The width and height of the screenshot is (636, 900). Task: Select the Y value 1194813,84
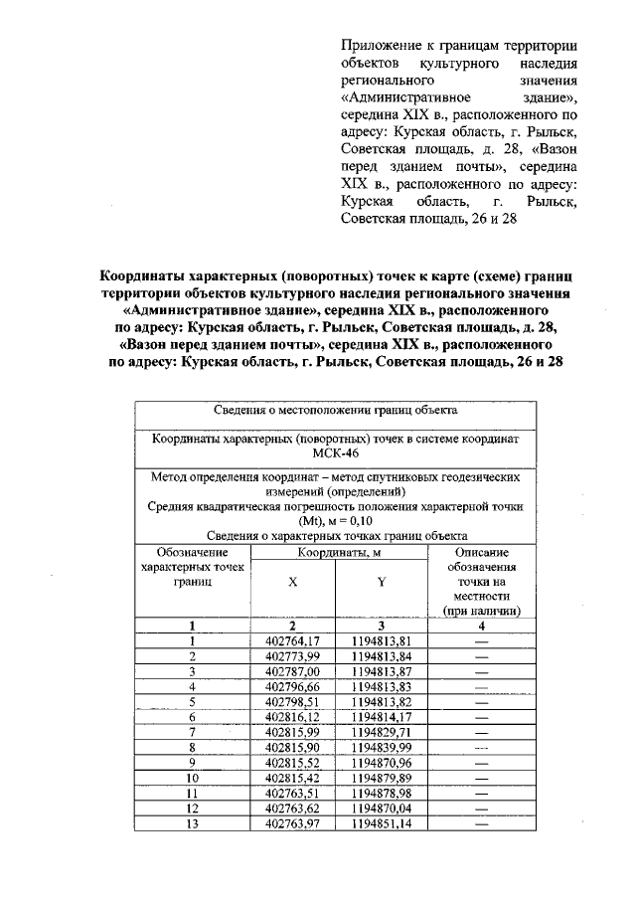pyautogui.click(x=381, y=656)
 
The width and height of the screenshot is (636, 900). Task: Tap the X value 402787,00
pyautogui.click(x=292, y=671)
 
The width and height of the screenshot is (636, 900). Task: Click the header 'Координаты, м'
pyautogui.click(x=336, y=552)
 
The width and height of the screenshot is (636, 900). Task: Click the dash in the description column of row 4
pyautogui.click(x=482, y=685)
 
